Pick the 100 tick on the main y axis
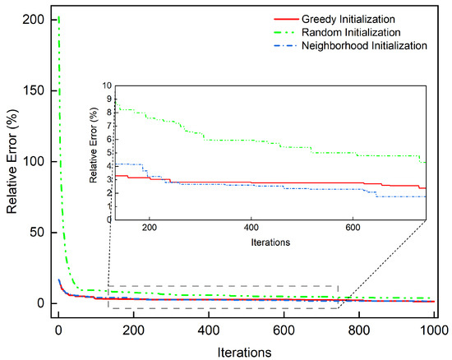pos(37,161)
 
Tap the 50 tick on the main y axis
pos(40,233)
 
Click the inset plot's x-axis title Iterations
pos(270,242)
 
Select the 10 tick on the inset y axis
pos(108,85)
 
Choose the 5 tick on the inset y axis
pos(110,152)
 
